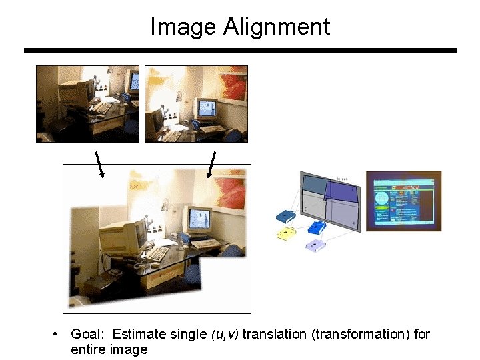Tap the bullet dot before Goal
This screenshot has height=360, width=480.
(59, 333)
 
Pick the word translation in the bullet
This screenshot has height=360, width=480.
(275, 334)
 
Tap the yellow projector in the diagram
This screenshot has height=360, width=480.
(287, 233)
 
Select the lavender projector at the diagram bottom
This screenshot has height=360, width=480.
(314, 245)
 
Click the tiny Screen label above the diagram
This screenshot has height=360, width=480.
(343, 178)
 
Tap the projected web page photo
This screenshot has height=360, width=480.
(403, 200)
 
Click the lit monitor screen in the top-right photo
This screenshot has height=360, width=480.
(207, 107)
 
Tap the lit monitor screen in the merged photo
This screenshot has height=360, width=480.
(199, 217)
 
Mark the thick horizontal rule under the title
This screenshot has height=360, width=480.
(240, 50)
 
